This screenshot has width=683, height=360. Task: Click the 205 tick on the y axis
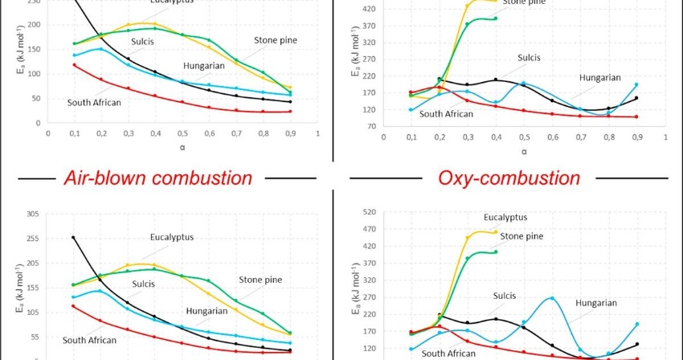33,263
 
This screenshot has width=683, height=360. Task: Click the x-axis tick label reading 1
317,134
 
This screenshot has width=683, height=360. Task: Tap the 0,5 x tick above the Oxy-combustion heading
523,138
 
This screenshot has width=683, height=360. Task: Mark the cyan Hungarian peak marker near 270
552,298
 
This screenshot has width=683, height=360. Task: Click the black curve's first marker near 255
73,237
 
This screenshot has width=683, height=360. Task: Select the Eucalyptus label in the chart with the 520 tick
505,217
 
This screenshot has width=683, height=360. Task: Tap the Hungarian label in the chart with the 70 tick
599,77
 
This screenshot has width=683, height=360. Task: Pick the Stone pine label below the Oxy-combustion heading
521,236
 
